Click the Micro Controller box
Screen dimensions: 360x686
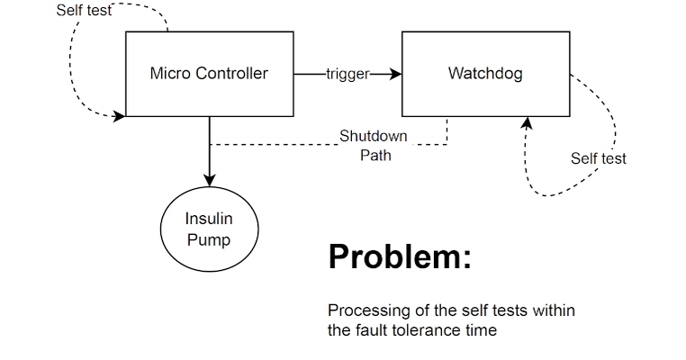[x=209, y=90]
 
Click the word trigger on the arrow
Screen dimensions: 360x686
[x=348, y=74]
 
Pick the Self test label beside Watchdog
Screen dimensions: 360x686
[x=598, y=158]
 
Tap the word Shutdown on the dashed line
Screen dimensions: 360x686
[x=373, y=137]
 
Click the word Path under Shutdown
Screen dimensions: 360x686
[x=375, y=154]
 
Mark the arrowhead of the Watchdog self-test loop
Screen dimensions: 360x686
[x=528, y=123]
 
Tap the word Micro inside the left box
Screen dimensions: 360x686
[x=168, y=74]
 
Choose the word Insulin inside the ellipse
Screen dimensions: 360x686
[x=209, y=219]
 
